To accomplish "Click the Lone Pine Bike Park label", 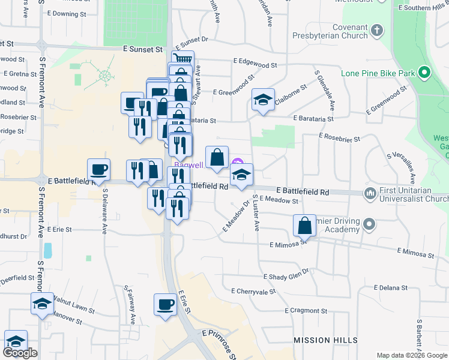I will click(378, 73).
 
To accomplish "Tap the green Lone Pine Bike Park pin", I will click(425, 73).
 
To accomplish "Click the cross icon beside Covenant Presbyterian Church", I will click(377, 29).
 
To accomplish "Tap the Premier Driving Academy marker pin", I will click(369, 225).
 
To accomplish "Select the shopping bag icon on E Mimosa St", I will click(305, 226).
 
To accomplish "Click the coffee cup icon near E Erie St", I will click(165, 305).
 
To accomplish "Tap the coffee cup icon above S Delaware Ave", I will click(99, 170).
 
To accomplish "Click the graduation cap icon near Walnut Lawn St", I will click(41, 304).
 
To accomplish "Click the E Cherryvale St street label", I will click(253, 290).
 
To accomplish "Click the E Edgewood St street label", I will click(255, 63).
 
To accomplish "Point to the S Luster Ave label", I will click(256, 213).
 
